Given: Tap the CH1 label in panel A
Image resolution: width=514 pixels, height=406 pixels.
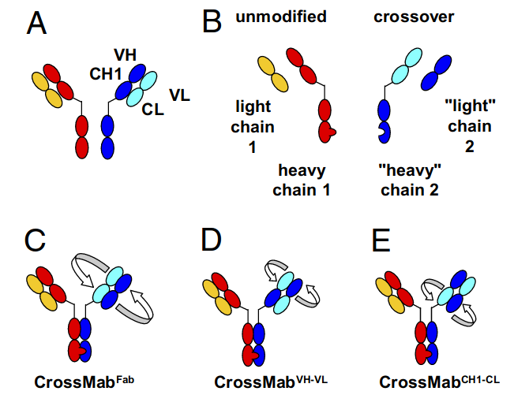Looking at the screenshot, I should click(x=105, y=74).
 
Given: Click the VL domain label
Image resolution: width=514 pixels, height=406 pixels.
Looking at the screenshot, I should click(x=182, y=95).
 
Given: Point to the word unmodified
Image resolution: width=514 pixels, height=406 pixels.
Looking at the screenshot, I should click(x=281, y=16).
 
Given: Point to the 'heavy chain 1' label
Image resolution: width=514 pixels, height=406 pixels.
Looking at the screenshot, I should click(x=302, y=180).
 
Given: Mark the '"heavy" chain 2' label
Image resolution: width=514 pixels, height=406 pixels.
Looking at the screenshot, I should click(x=407, y=180).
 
